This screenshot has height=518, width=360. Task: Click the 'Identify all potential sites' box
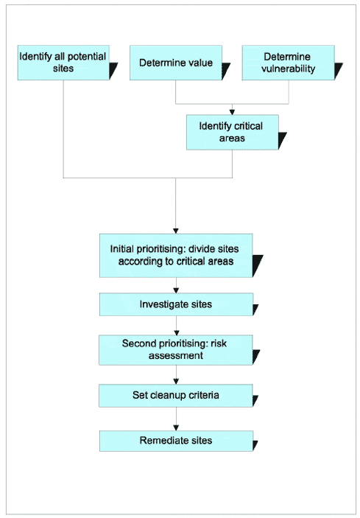(63, 63)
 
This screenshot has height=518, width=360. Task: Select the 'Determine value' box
(175, 63)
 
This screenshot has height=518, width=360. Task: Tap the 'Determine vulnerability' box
(288, 63)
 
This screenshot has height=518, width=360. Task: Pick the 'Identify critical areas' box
(233, 132)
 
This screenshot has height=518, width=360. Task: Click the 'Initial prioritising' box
(176, 256)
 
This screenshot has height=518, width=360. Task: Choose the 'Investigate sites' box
(176, 304)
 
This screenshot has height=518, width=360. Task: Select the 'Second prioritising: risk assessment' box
(176, 350)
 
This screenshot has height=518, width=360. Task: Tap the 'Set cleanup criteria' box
(176, 396)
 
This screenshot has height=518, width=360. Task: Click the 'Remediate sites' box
(176, 441)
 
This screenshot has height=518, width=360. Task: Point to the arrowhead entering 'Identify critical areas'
(233, 112)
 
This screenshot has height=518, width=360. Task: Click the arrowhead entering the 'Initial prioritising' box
(175, 231)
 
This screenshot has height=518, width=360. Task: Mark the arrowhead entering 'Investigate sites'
(176, 290)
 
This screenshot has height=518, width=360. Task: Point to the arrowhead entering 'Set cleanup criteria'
(176, 382)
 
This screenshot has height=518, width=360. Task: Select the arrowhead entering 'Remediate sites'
(176, 428)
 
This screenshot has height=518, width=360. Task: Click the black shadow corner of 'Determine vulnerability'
(338, 70)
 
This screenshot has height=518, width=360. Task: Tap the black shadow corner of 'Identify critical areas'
(282, 140)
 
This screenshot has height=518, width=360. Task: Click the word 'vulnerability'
(288, 69)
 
